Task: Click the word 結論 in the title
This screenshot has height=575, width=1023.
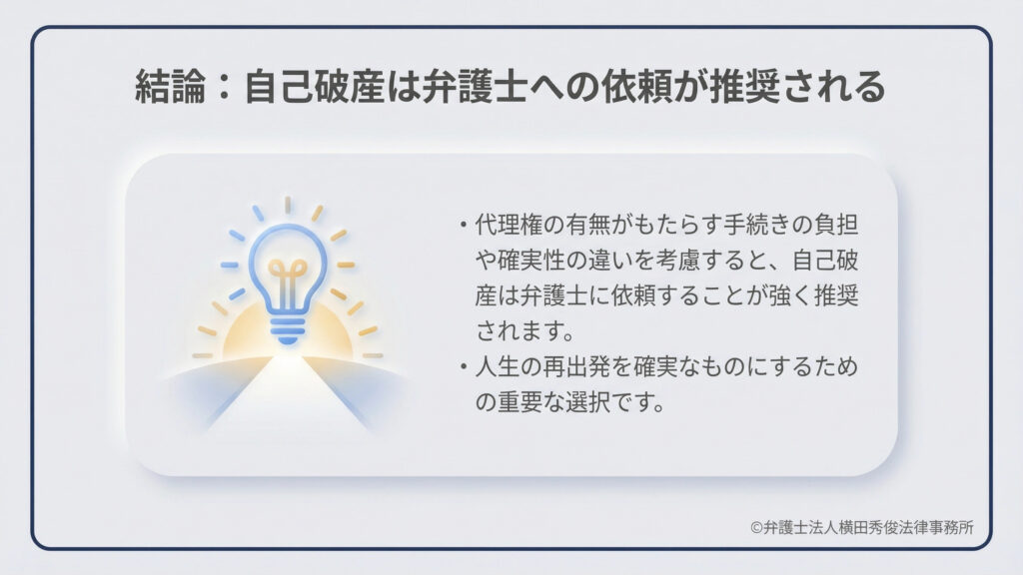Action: pos(170,88)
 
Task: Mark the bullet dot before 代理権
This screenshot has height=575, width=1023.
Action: pos(464,226)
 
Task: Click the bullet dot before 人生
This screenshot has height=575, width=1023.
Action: pos(464,367)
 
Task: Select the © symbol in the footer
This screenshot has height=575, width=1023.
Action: pos(757,528)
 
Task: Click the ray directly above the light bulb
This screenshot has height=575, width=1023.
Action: pos(288,205)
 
